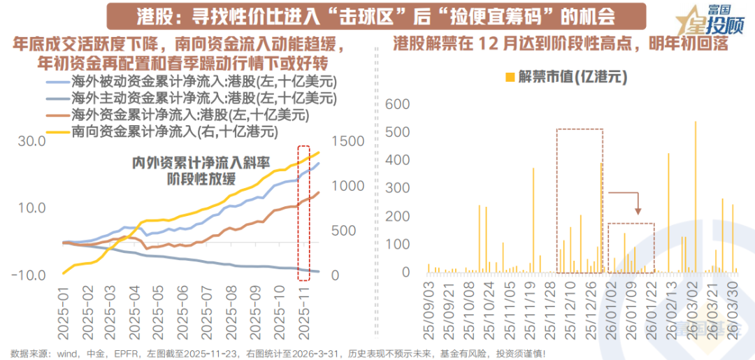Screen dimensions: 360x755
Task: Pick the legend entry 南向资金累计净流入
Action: point(175,131)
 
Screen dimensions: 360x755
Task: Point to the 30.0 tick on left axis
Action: point(31,141)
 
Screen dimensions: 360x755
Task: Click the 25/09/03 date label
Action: point(429,308)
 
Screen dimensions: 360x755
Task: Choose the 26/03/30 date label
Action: point(733,308)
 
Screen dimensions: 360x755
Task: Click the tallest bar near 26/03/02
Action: point(696,196)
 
